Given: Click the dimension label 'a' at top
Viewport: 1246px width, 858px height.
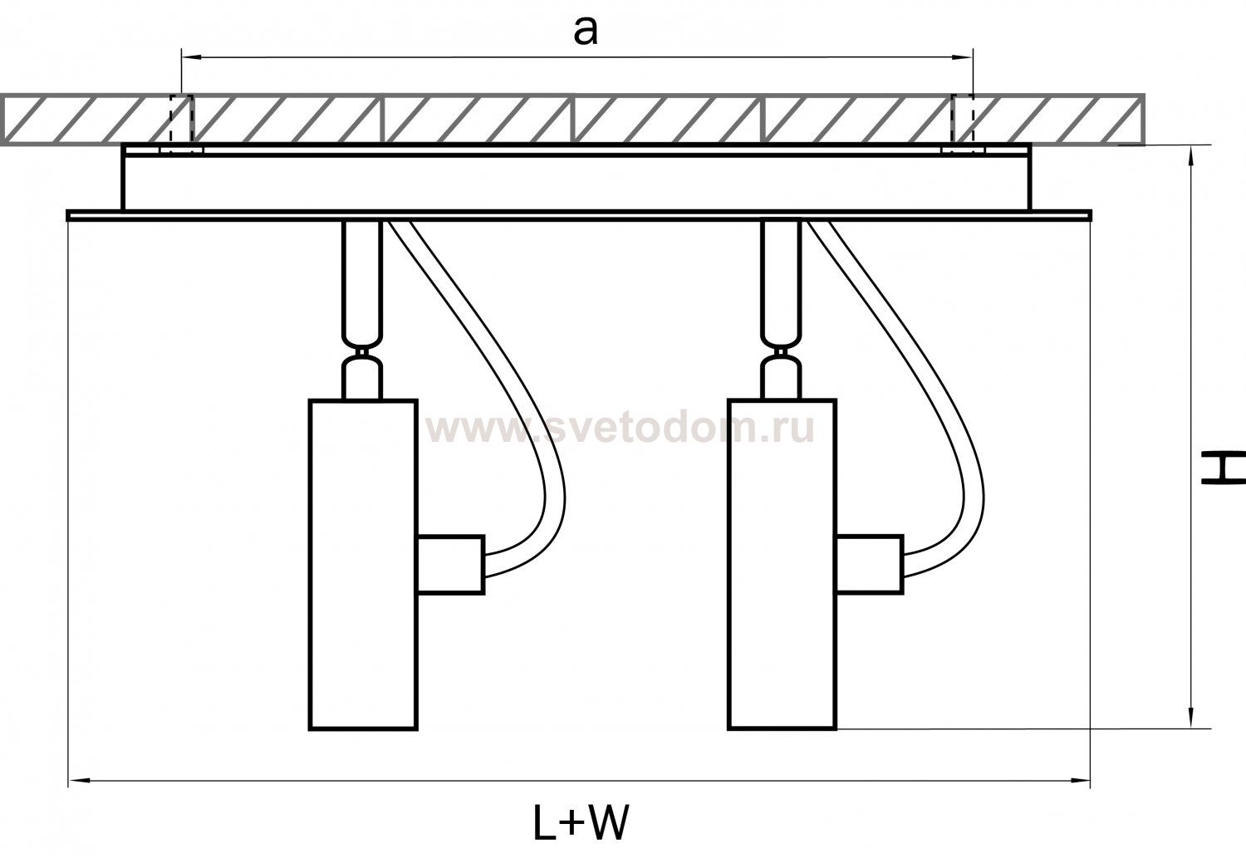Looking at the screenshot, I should click(586, 32).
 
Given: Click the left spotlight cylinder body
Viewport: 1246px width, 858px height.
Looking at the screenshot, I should click(363, 564).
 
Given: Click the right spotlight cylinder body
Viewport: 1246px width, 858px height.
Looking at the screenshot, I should click(782, 564).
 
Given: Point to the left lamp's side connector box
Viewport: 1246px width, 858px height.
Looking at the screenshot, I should click(450, 564).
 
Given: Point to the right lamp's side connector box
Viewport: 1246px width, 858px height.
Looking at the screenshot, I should click(869, 564).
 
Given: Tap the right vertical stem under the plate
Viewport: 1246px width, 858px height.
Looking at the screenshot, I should click(782, 278).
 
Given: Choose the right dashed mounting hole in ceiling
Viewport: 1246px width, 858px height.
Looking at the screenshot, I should click(964, 120).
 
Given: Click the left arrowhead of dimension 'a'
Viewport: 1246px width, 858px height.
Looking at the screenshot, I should click(188, 57).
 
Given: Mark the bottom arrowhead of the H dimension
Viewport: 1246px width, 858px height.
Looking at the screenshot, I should click(1193, 721).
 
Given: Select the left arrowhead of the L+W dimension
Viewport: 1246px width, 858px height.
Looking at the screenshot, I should click(75, 780).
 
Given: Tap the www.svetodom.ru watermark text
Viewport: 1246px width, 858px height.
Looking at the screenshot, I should click(619, 429).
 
